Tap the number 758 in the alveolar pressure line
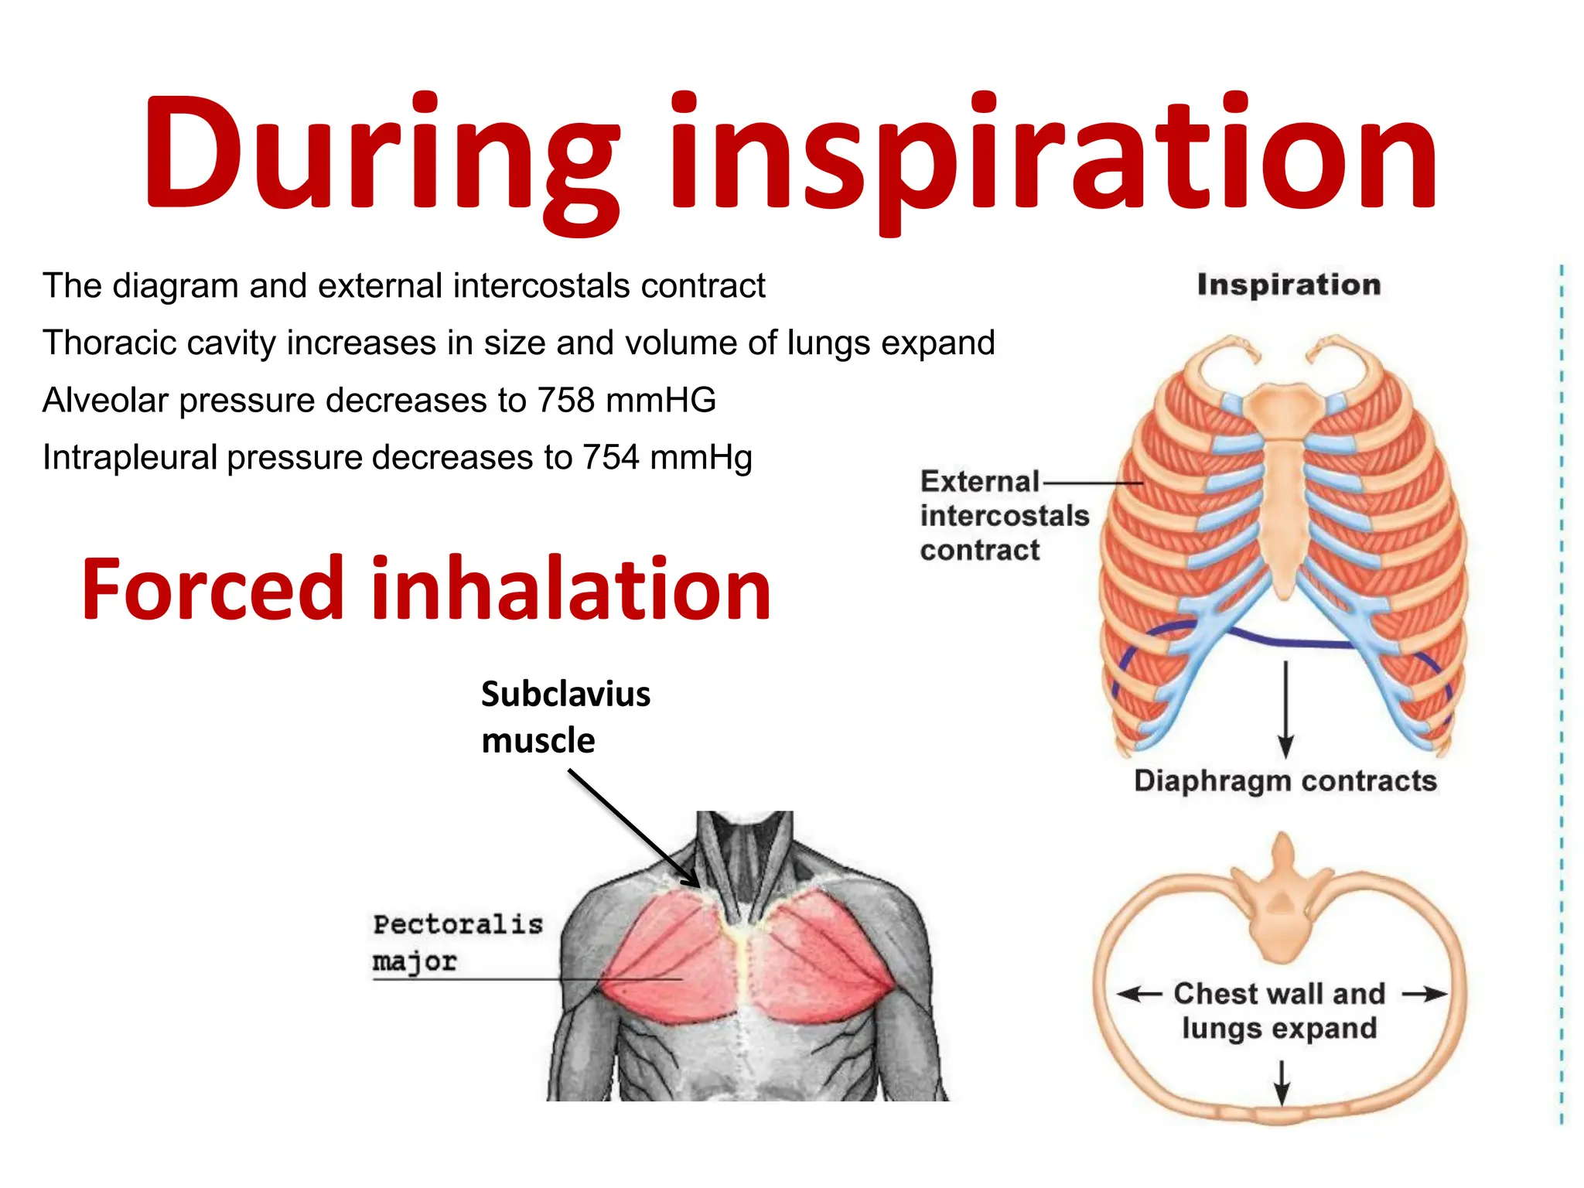pyautogui.click(x=566, y=400)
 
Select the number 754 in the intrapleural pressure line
pyautogui.click(x=610, y=457)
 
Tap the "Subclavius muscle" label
pyautogui.click(x=565, y=716)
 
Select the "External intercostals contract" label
pyautogui.click(x=1002, y=515)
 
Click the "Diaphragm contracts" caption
pyautogui.click(x=1285, y=781)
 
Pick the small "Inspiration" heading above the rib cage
pyautogui.click(x=1289, y=285)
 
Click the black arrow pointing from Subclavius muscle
pyautogui.click(x=634, y=828)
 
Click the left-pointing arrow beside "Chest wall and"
pyautogui.click(x=1138, y=994)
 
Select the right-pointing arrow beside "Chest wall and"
pyautogui.click(x=1425, y=994)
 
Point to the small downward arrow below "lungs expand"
pyautogui.click(x=1282, y=1081)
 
